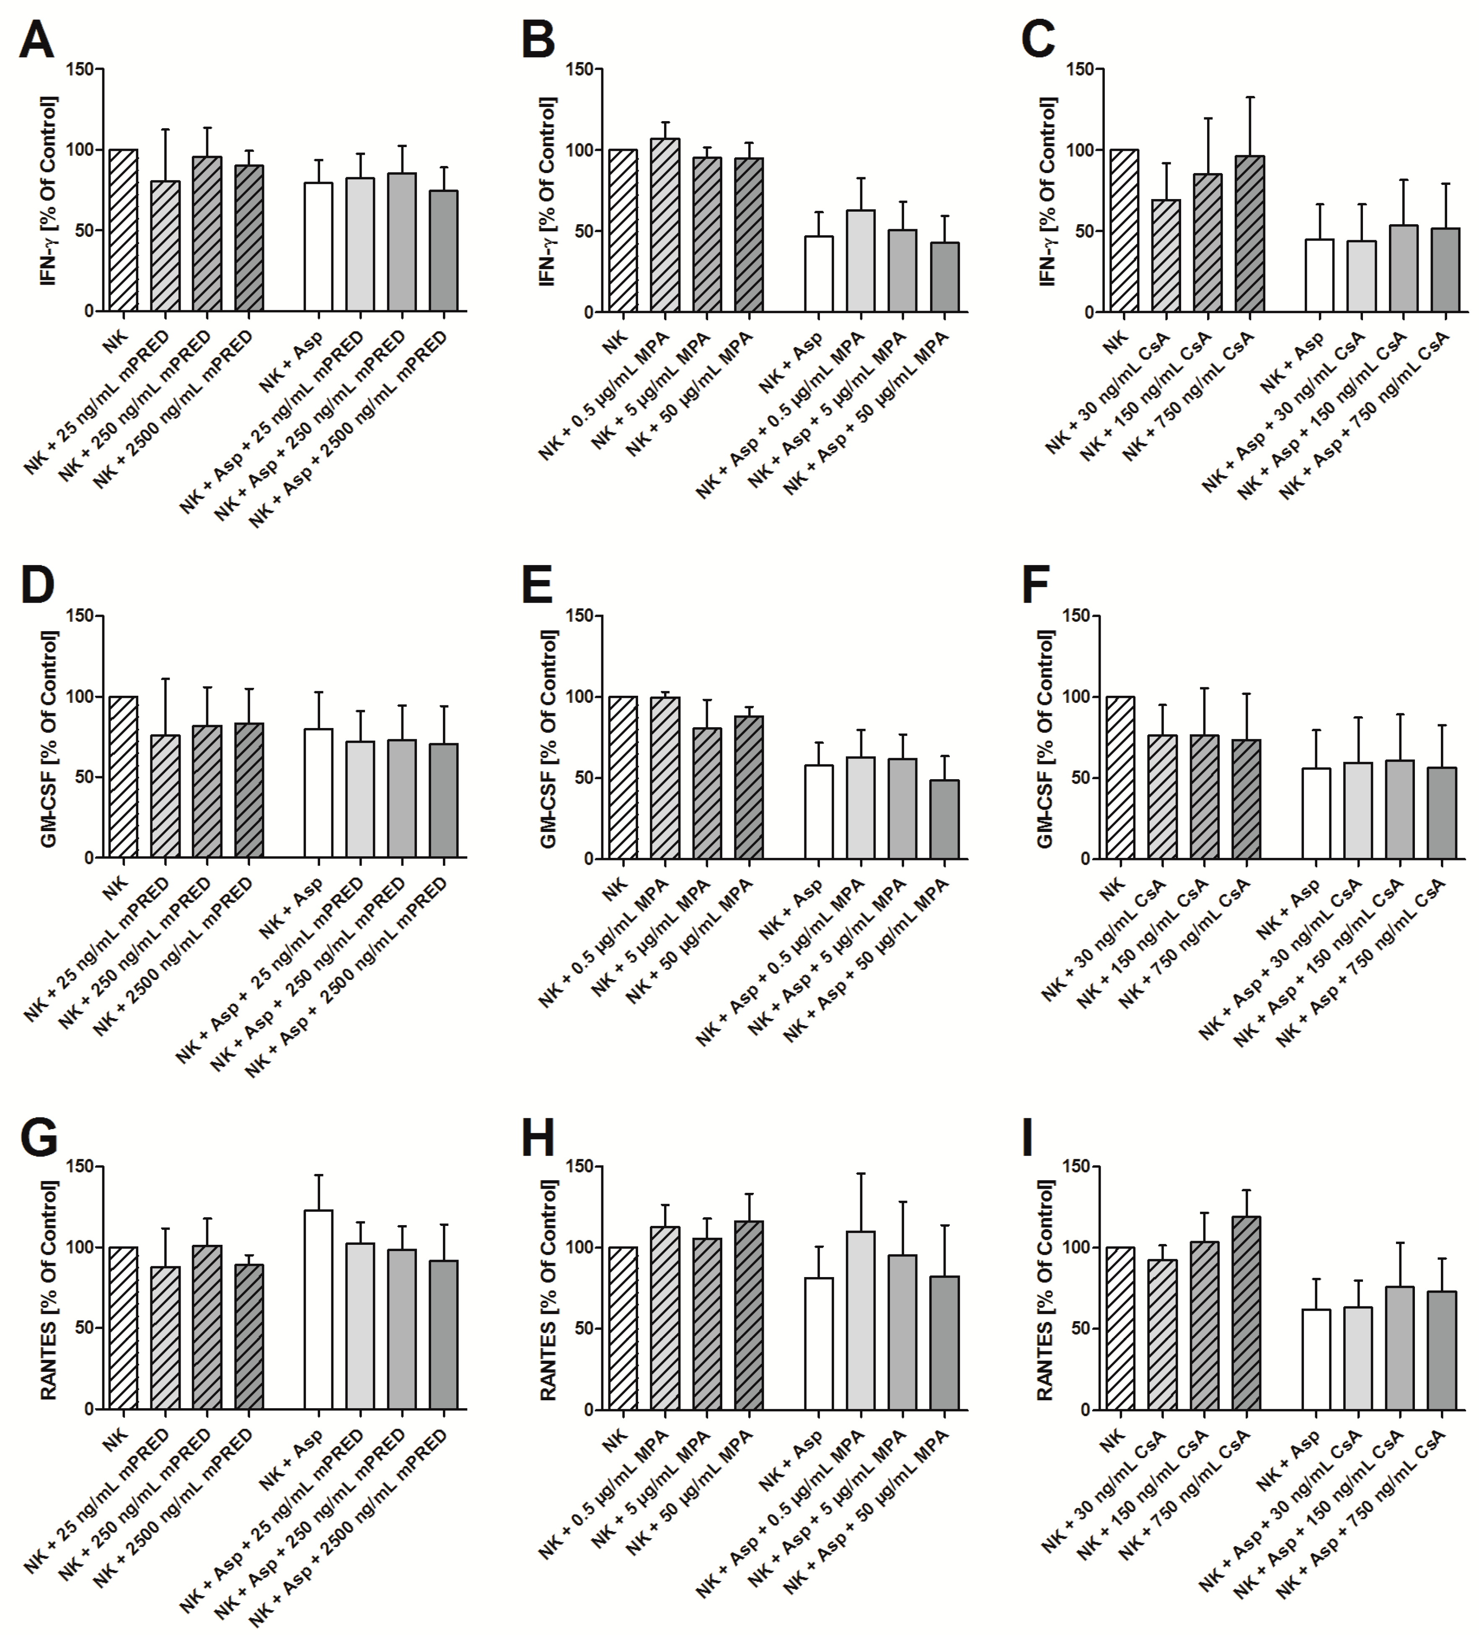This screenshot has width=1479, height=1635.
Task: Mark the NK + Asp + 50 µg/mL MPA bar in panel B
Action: point(944,277)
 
